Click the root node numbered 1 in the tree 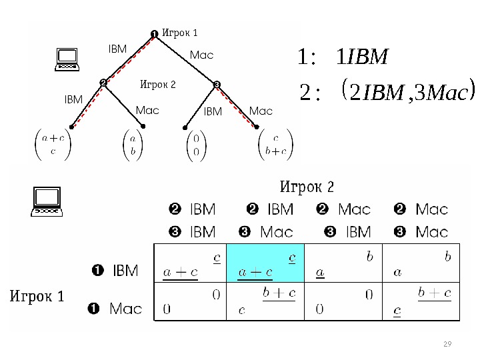point(153,33)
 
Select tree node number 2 point(103,83)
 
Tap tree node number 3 point(217,84)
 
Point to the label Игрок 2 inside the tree point(157,85)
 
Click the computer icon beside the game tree point(67,60)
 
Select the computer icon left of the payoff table point(48,202)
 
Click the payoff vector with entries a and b point(133,145)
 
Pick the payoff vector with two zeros point(195,145)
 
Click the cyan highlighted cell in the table point(264,263)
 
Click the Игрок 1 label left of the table point(37,296)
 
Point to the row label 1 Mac point(115,309)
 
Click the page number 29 point(447,343)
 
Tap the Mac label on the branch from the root point(201,55)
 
